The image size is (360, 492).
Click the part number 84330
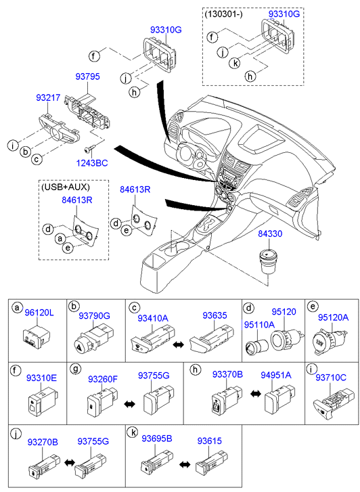pos(270,233)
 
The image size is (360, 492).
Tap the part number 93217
pos(48,98)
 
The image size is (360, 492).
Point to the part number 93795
pos(87,76)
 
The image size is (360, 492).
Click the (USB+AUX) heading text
pos(65,187)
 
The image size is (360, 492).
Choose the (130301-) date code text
pos(223,14)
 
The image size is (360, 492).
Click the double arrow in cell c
pos(179,344)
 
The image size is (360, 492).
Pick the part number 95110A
pos(259,324)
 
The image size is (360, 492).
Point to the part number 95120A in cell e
pos(334,317)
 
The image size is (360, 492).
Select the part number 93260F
pos(103,379)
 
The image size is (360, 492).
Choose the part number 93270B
pos(43,442)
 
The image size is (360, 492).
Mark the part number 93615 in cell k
pos(209,441)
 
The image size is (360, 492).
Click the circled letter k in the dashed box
pos(234,64)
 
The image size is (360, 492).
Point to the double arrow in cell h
pos(256,393)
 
